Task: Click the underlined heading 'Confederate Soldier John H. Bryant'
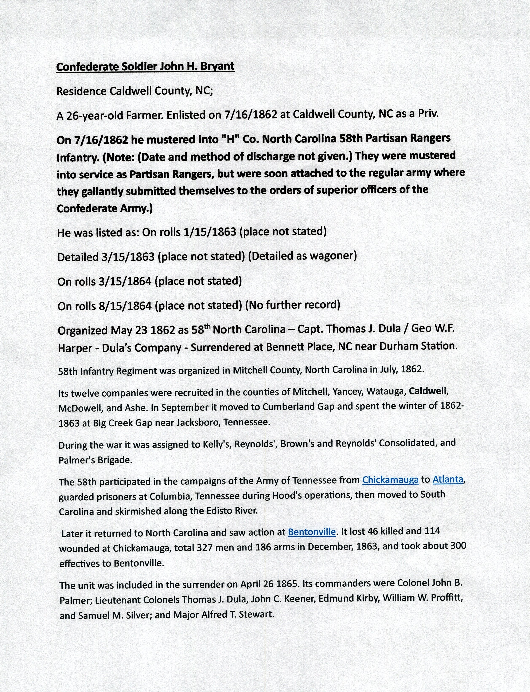point(145,67)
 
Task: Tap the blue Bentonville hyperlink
point(312,532)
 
